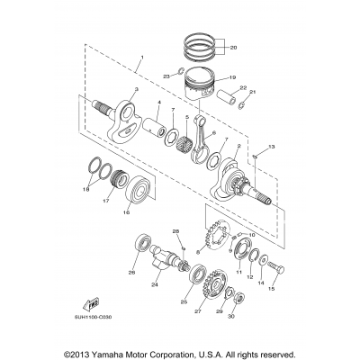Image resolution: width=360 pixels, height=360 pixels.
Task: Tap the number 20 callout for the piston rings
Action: pos(235,46)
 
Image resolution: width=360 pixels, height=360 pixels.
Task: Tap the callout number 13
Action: pos(271,145)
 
